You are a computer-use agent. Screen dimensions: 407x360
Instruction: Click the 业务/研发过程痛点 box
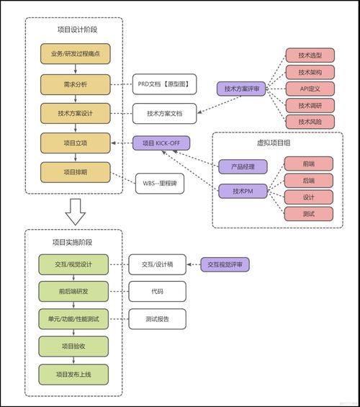(x=75, y=54)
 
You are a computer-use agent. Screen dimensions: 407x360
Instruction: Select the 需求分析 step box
(x=75, y=84)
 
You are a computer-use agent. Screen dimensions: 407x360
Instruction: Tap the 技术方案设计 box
(x=75, y=113)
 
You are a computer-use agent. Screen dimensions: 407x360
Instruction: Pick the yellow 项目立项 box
(x=75, y=143)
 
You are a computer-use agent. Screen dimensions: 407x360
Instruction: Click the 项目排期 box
(x=75, y=172)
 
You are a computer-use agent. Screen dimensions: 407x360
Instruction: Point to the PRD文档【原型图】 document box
(x=163, y=84)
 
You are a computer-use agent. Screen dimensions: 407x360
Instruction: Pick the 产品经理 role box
(x=242, y=167)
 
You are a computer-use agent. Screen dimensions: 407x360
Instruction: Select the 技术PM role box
(x=242, y=190)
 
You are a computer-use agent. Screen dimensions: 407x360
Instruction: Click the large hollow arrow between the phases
(x=75, y=210)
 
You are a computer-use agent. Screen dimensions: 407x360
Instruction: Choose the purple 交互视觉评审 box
(x=225, y=265)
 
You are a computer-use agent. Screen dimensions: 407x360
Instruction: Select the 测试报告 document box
(x=157, y=318)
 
